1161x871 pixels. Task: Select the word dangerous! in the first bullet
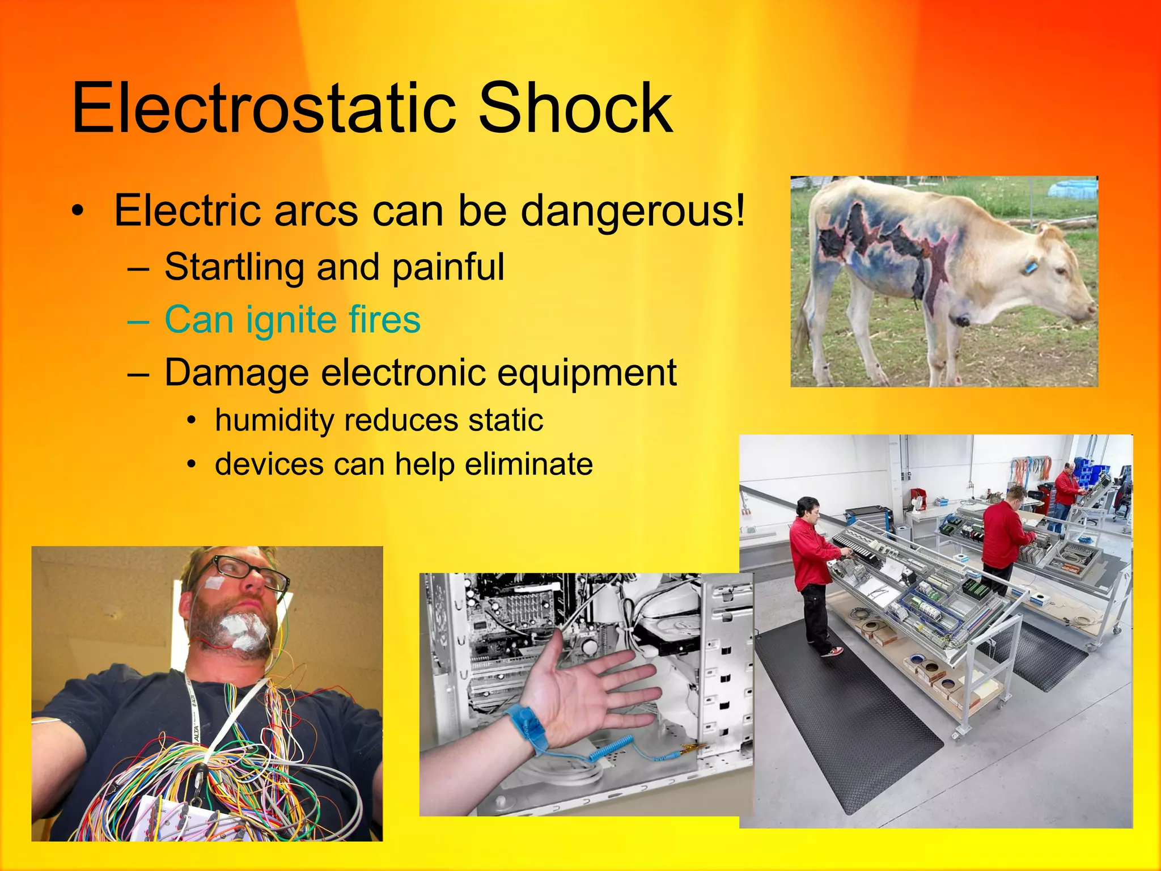point(632,211)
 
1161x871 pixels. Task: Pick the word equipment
point(584,373)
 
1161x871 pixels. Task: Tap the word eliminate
point(528,464)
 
